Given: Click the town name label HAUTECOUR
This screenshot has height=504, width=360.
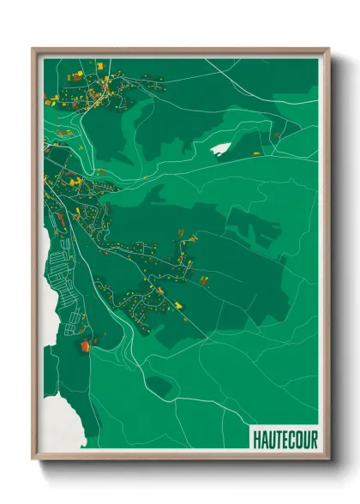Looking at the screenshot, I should click(x=285, y=439).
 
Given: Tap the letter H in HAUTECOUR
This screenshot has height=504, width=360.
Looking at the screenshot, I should click(x=256, y=439).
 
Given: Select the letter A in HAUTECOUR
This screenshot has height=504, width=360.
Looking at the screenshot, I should click(x=263, y=439).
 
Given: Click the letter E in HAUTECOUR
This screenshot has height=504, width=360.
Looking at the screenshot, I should click(x=285, y=439).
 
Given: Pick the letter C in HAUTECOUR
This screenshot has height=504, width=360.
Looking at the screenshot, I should click(x=291, y=439).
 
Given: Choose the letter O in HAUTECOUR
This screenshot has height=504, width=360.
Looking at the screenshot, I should click(x=299, y=439).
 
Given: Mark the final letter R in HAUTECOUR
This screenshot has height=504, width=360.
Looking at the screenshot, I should click(x=314, y=439).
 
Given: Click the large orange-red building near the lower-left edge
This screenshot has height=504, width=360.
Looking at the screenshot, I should click(x=85, y=345).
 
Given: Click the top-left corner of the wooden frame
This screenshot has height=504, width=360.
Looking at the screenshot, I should click(x=33, y=49).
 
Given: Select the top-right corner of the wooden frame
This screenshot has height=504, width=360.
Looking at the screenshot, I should click(x=328, y=49).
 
